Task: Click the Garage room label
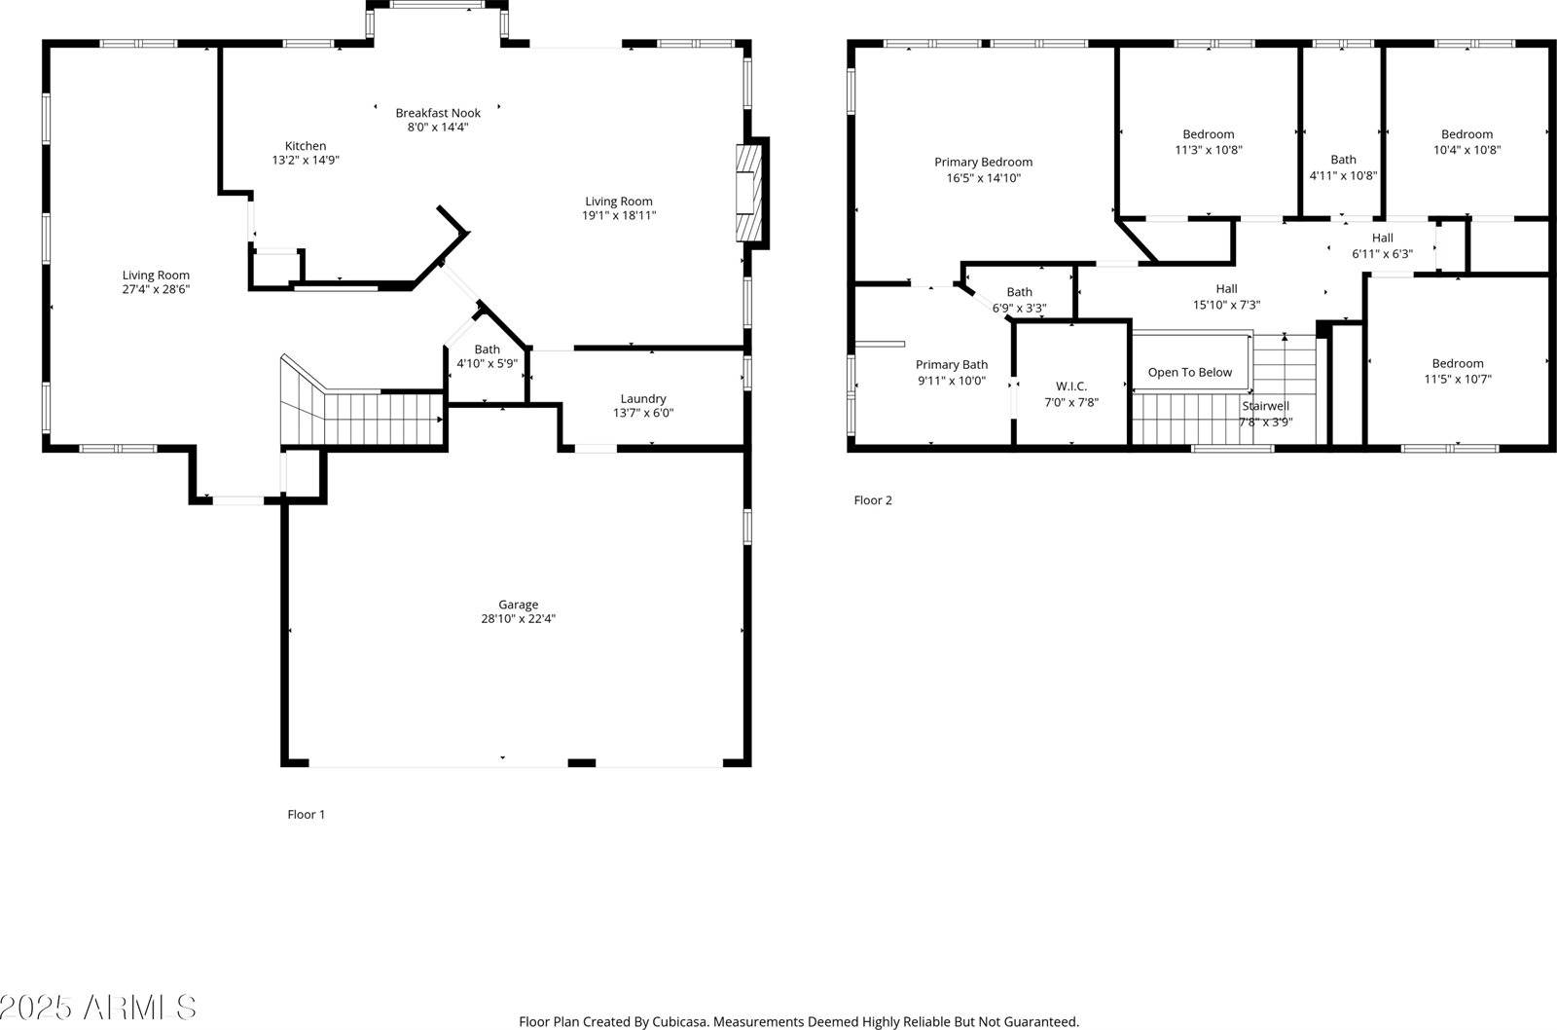pos(518,605)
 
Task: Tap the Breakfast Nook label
pos(438,113)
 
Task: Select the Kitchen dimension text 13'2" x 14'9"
pos(306,160)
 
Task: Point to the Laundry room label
pos(643,398)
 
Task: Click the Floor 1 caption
pos(306,814)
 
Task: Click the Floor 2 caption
pos(873,500)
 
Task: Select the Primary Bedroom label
pos(983,162)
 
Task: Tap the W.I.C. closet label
pos(1070,386)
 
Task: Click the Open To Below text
pos(1189,372)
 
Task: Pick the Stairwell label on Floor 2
pos(1265,406)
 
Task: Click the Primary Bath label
pos(951,365)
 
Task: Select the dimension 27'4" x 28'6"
pos(156,289)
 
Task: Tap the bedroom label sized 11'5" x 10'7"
pos(1457,363)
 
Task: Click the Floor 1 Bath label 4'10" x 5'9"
pos(487,349)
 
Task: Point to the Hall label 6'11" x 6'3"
pos(1382,239)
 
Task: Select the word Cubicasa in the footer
pos(678,1021)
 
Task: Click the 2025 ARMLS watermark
pos(97,1008)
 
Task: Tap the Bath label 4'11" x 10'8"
pos(1343,160)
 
